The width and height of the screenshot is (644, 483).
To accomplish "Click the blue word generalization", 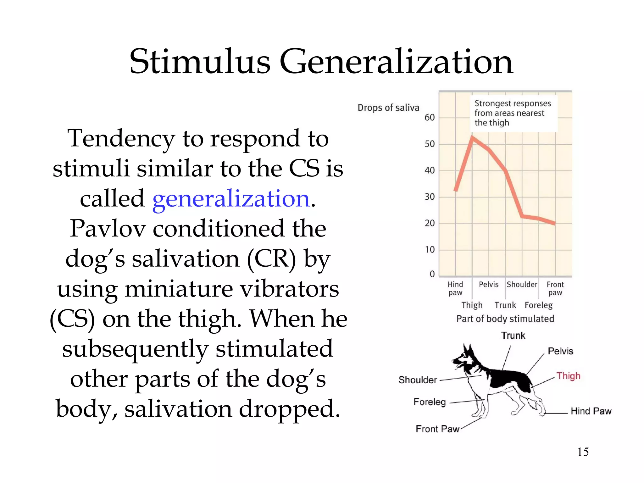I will pos(231,199).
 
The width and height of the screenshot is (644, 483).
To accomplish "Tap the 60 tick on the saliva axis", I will pos(430,118).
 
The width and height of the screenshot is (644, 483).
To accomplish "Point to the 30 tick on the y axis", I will pos(430,197).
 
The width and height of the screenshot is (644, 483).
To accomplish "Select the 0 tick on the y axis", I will pos(432,274).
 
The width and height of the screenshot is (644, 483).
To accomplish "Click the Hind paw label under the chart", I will pos(455,288).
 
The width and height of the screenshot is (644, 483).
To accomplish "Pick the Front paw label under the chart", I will pos(555,288).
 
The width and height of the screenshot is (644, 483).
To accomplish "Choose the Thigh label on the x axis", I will pos(472,305).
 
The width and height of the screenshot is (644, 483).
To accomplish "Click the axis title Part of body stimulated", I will pos(505,319).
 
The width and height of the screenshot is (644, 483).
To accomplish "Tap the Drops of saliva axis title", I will pos(388,108).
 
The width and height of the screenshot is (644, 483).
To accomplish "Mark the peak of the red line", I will pos(472,137).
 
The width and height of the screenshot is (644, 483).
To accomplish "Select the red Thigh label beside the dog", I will pos(568,376).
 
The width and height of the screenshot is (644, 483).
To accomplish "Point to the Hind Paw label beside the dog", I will pos(591,411).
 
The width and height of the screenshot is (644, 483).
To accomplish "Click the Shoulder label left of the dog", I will pos(418,380).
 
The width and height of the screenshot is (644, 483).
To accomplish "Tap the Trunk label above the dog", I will pos(513,336).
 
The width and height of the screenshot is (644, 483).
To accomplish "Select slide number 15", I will pos(583,452).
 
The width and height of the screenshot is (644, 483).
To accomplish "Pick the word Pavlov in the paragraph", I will pos(108,229).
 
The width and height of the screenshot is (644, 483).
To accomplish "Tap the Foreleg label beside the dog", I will pos(430,402).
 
